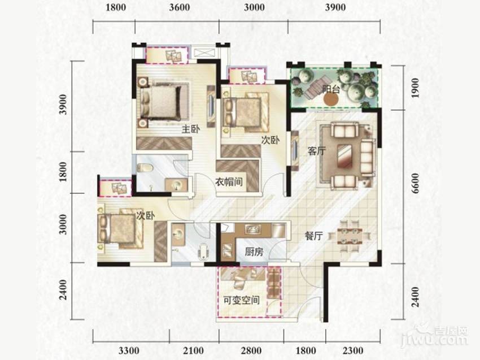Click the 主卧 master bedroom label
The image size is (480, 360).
[190, 129]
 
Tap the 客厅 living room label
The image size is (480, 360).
[317, 151]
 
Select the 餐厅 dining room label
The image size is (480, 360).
[314, 236]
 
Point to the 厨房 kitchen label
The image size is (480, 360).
[254, 252]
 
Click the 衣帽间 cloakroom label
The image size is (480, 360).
[229, 181]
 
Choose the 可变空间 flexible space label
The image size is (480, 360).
[242, 300]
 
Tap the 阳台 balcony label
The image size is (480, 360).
[331, 89]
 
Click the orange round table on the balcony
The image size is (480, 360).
[331, 99]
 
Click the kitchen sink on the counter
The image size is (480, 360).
[253, 229]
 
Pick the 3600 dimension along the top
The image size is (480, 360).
[180, 7]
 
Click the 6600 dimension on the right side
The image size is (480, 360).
[415, 183]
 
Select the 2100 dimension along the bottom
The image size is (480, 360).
[194, 350]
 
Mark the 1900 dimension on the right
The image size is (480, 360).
[415, 88]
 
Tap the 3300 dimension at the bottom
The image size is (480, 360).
[129, 350]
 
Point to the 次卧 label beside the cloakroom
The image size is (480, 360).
[270, 140]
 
